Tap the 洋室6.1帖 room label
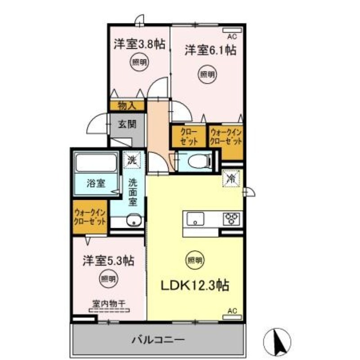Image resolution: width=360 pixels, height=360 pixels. pos(210,50)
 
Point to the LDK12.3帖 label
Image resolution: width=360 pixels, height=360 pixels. pos(195,285)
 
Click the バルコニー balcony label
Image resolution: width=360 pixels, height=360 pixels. pos(158,338)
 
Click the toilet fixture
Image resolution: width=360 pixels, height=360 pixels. pos(198,161)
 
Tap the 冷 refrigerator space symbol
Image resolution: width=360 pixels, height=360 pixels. pos(231,178)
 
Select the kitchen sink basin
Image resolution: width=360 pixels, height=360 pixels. pos(196,220)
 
